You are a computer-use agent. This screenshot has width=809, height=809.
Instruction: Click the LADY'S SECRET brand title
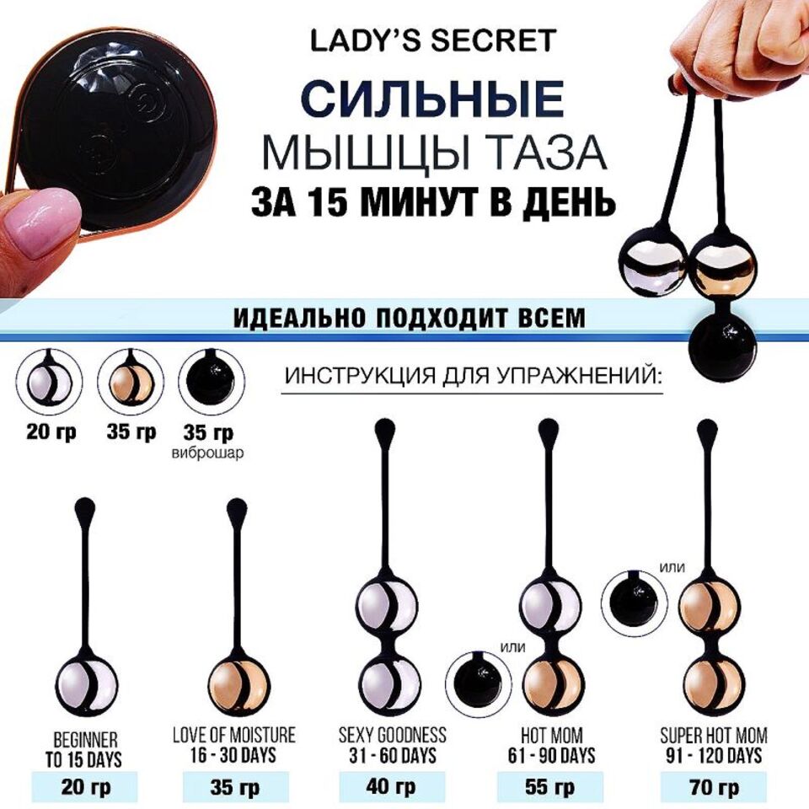[x=433, y=40]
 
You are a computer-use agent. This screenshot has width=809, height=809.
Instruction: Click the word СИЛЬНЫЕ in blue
[x=432, y=99]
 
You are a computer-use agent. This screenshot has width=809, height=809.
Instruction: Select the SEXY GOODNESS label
[x=392, y=735]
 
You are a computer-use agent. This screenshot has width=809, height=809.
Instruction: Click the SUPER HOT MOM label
[x=714, y=735]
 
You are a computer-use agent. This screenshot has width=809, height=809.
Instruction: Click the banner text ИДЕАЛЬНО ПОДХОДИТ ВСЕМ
[x=408, y=319]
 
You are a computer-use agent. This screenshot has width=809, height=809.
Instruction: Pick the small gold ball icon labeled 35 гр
[x=131, y=383]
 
